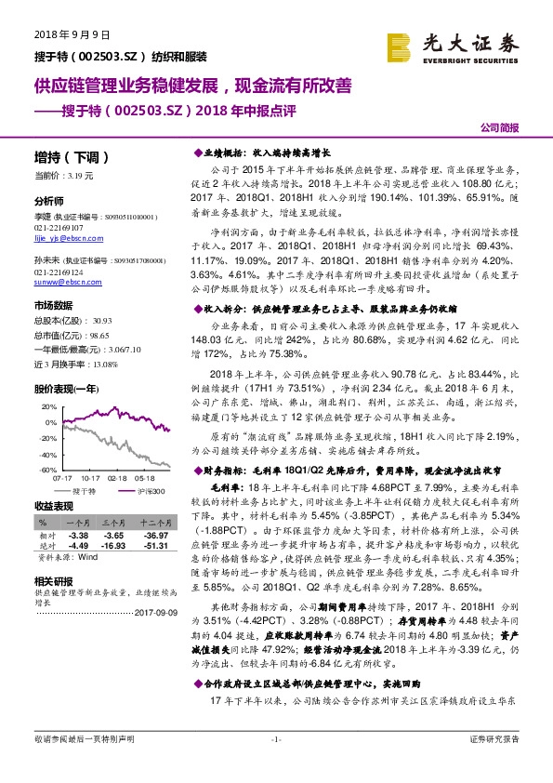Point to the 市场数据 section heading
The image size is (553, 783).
pos(53,304)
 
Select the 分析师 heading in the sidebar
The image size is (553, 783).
pos(48,201)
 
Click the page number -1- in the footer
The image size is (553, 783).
pos(275,764)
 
